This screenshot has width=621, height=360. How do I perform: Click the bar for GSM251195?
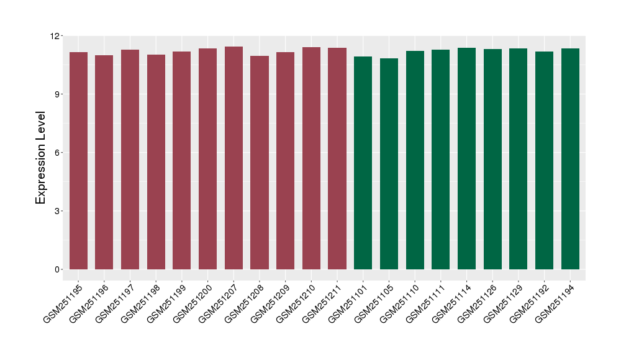point(78,161)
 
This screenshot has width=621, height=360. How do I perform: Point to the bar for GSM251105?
point(389,164)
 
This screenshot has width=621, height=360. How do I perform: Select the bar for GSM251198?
point(156,162)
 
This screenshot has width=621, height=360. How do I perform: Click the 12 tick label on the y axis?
point(54,36)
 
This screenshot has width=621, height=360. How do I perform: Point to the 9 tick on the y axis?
point(57,94)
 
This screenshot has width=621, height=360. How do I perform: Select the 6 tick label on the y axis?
point(57,153)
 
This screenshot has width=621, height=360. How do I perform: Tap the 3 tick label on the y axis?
point(57,211)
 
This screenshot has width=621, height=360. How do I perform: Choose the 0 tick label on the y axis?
point(57,269)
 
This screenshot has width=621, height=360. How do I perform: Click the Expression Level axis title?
point(41,158)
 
